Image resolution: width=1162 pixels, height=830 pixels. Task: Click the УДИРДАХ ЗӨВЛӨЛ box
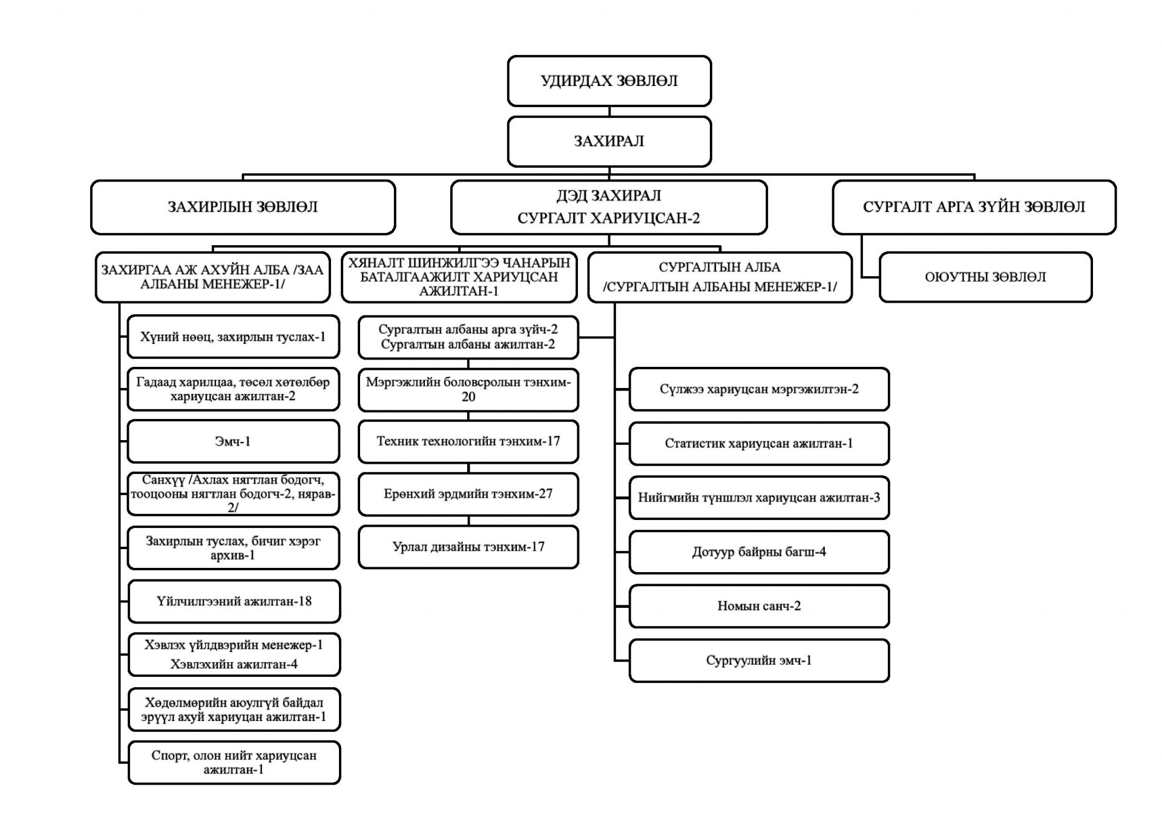pos(609,81)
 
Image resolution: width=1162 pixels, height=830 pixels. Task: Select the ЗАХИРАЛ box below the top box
pos(609,141)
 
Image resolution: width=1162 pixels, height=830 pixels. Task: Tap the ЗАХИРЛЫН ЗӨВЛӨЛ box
pos(243,207)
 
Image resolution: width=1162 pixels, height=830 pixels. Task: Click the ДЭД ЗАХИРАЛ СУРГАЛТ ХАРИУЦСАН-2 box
pos(609,207)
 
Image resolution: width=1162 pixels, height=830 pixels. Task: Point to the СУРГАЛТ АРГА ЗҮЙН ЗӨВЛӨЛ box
pos(974,207)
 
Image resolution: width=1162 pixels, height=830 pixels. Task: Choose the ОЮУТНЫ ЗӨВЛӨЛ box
pos(985,277)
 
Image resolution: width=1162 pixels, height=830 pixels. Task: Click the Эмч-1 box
pos(233,441)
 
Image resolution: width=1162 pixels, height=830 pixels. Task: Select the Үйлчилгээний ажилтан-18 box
pos(234,601)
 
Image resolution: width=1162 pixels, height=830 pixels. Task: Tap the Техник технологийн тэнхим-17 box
pos(468,441)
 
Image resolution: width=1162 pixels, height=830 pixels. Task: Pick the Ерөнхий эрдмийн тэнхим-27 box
pos(468,494)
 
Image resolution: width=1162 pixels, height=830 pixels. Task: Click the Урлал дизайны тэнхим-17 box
pos(468,547)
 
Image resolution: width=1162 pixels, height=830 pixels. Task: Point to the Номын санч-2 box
pos(759,606)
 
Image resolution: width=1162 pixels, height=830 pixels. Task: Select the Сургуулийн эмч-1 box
pos(759,660)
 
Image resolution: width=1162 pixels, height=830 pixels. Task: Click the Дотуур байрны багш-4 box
pos(759,552)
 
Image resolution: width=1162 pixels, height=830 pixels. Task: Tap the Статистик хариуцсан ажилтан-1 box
pos(759,444)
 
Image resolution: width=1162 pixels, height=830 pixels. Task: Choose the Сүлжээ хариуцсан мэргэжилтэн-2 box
pos(759,389)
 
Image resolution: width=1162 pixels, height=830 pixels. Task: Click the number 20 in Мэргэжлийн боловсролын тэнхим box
pos(468,397)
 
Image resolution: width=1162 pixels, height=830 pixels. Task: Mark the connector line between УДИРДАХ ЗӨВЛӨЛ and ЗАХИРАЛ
pos(609,111)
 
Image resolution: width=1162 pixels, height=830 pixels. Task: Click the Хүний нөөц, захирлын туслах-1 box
pos(233,337)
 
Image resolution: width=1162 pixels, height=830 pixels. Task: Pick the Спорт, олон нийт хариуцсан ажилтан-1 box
pos(234,763)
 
